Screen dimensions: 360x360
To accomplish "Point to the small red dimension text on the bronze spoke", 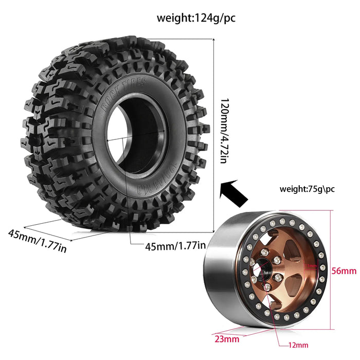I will click(311, 266).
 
